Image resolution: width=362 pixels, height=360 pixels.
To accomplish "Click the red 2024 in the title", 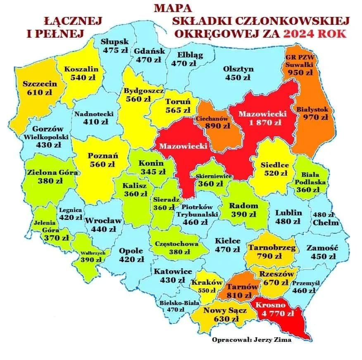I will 299,33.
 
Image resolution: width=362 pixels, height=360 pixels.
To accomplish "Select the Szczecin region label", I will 40,83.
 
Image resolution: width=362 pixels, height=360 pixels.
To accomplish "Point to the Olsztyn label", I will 238,69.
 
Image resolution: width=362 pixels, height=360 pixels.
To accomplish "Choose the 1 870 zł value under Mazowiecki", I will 265,122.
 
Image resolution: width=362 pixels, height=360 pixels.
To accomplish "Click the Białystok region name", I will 313,109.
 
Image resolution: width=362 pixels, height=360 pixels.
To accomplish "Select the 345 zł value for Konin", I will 151,171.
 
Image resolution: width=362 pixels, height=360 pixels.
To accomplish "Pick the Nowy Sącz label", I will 226,310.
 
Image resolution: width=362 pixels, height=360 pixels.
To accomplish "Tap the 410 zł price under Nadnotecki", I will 95,122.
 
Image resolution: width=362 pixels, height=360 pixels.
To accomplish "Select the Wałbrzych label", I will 93,253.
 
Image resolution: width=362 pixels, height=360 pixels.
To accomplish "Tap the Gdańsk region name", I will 149,51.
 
